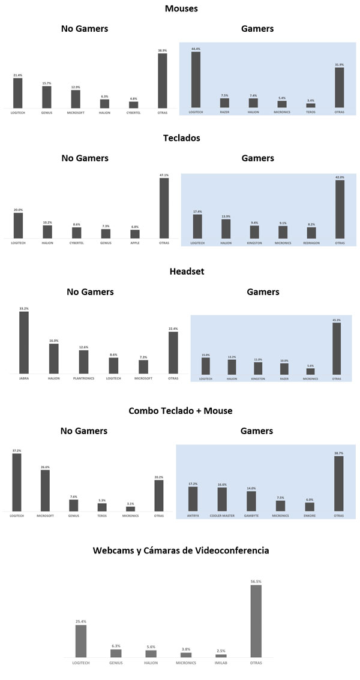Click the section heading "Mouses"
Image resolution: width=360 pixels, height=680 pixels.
coord(181,8)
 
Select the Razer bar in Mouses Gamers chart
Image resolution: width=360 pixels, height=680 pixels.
coord(224,102)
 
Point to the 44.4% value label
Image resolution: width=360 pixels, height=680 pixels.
coord(196,49)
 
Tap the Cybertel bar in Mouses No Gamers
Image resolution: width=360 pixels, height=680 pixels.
coord(133,104)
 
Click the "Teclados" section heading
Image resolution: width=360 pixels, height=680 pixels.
coord(181,138)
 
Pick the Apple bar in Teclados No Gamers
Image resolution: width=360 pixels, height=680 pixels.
coord(135,234)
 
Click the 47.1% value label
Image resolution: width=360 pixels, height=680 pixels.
coord(164,175)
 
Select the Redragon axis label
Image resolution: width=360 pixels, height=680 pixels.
coord(311,243)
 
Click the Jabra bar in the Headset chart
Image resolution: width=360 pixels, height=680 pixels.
coord(23,342)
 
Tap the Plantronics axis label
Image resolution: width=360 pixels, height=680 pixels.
coord(83,379)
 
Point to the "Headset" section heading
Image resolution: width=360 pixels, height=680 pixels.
coord(187,272)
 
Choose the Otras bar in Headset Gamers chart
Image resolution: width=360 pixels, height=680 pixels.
coord(336,348)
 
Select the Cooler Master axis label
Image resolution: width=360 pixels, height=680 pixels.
coord(222,515)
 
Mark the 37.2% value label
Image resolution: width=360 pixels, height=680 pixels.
coord(17,450)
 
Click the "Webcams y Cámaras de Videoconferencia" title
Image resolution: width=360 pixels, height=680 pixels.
coord(181,550)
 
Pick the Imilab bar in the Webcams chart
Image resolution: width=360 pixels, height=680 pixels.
coord(221,655)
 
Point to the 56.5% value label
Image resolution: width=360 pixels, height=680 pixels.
coord(256,582)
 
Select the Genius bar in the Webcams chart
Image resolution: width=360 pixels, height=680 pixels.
coord(116,653)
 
